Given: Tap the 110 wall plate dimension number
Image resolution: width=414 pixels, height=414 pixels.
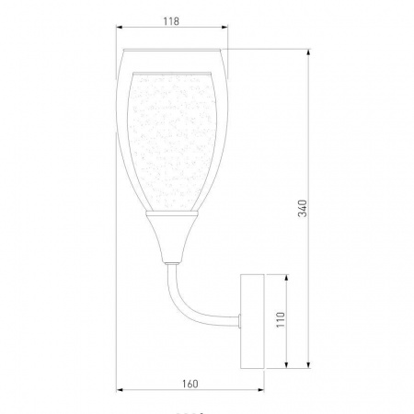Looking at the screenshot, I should [x=280, y=320].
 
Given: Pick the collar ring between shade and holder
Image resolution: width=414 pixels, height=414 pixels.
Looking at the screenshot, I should [x=171, y=214].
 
